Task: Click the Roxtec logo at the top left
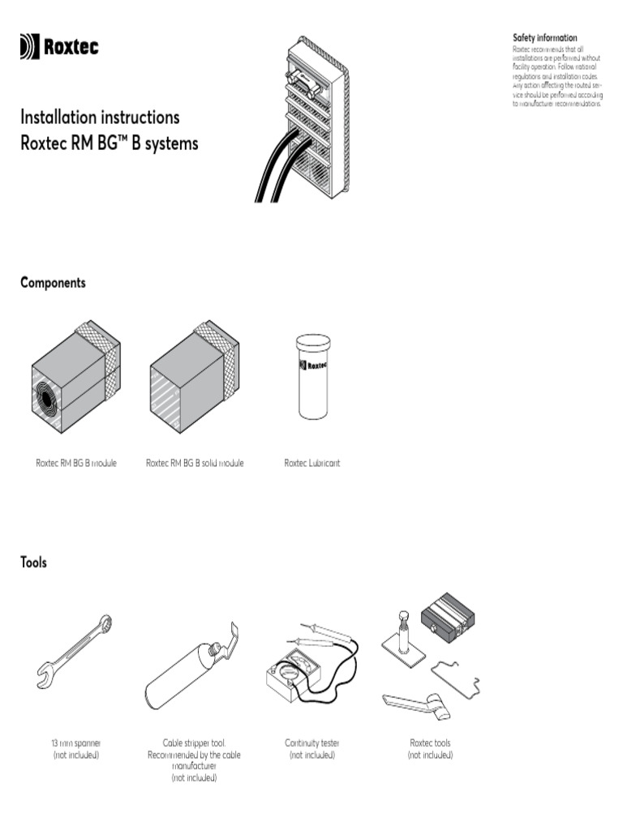[59, 48]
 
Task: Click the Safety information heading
[544, 38]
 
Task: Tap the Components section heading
[53, 283]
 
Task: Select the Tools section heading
[33, 563]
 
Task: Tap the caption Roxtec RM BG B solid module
[195, 463]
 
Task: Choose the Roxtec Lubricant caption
[311, 463]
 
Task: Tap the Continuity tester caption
[311, 742]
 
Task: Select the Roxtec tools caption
[430, 742]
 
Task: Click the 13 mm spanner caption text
[75, 742]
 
